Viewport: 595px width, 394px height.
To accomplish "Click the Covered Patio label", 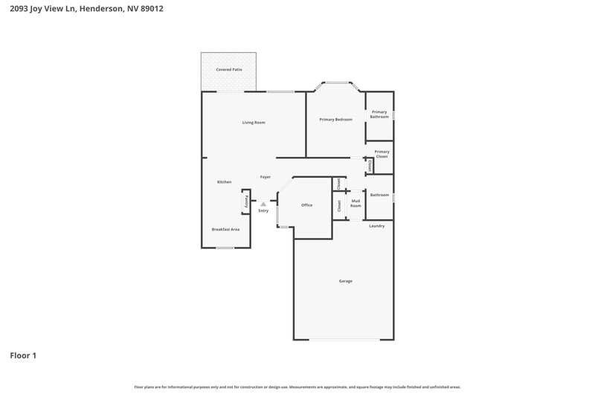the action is coord(229,70).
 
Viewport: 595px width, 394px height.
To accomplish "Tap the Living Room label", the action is coord(254,123).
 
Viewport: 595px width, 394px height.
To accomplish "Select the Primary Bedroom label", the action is coord(336,120).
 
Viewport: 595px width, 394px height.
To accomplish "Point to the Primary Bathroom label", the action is coord(379,114).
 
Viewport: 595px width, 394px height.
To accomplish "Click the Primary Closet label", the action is coord(382,154).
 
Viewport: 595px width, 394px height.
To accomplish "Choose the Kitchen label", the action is coord(225,182).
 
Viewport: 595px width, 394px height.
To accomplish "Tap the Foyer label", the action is coord(266,177).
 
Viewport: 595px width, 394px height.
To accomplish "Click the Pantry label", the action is coord(246,201).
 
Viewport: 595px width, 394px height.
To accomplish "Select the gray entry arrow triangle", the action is coord(263,204).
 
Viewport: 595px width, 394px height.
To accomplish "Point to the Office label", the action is coord(307,205).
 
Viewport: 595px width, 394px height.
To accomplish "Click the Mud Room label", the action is coord(356,203).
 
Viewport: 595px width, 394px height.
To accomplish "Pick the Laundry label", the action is coord(377,226).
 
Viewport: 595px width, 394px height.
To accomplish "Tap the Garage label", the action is coord(346,281).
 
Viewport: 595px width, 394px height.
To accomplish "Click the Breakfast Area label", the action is coord(225,230).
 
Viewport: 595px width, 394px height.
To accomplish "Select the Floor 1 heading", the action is coord(23,355).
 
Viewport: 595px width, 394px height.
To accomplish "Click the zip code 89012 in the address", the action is coord(152,8).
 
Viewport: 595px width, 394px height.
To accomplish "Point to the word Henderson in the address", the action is coord(101,8).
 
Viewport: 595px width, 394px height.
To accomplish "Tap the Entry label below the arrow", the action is coord(263,211).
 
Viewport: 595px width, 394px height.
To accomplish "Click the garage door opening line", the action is coord(344,340).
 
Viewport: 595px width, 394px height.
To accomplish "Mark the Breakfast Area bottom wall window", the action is coord(225,248).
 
